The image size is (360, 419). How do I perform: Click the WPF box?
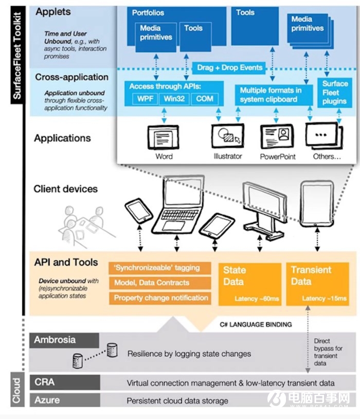pyautogui.click(x=143, y=98)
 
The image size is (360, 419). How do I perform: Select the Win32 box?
pyautogui.click(x=173, y=98)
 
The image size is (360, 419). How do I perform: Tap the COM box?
pyautogui.click(x=204, y=98)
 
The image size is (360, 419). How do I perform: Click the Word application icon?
pyautogui.click(x=164, y=137)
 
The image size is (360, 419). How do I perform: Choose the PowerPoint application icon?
pyautogui.click(x=277, y=137)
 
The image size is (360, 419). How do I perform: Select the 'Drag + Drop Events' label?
pyautogui.click(x=230, y=67)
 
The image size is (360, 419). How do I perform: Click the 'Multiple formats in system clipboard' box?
pyautogui.click(x=270, y=95)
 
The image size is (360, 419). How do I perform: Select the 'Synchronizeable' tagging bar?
pyautogui.click(x=160, y=268)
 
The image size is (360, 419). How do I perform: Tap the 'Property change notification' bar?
pyautogui.click(x=160, y=298)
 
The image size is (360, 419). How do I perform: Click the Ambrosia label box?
pyautogui.click(x=66, y=340)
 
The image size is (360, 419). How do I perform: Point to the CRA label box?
pyautogui.click(x=66, y=382)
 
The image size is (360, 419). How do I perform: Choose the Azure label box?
pyautogui.click(x=66, y=400)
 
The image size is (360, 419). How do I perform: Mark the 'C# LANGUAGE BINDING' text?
pyautogui.click(x=256, y=324)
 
